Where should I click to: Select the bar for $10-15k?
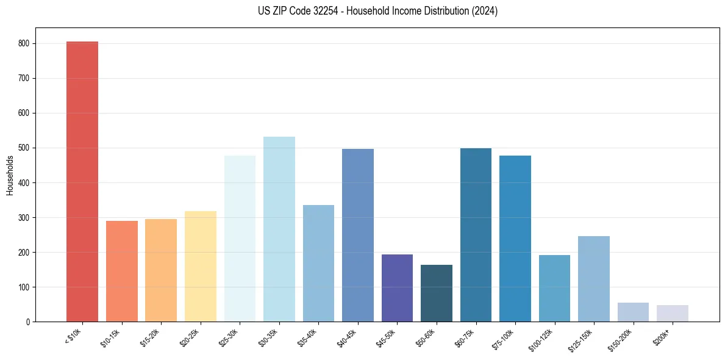(121, 271)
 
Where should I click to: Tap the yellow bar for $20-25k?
(200, 266)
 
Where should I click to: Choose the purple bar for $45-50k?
(397, 287)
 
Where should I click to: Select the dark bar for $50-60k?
(436, 293)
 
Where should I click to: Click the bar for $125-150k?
(593, 278)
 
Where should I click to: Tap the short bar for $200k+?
(672, 313)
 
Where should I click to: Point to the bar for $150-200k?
(633, 312)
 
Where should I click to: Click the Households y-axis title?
(10, 175)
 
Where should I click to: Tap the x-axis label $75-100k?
(503, 337)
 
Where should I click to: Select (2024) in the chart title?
(484, 11)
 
